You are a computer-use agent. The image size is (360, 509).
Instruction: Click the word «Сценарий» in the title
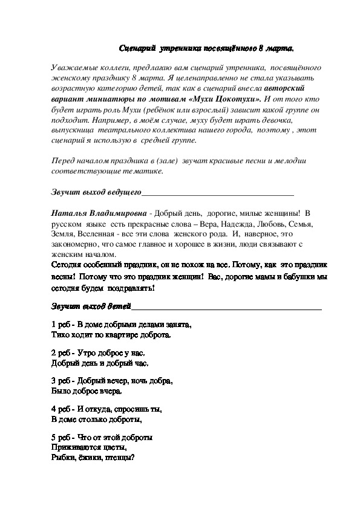point(138,47)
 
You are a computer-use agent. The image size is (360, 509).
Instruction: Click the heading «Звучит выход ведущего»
point(96,192)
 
